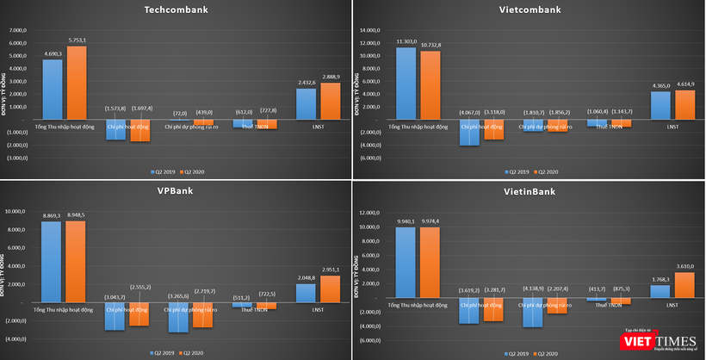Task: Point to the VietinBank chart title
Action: pyautogui.click(x=529, y=191)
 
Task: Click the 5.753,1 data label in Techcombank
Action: pyautogui.click(x=81, y=40)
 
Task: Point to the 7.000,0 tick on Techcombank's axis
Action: pyautogui.click(x=19, y=31)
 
